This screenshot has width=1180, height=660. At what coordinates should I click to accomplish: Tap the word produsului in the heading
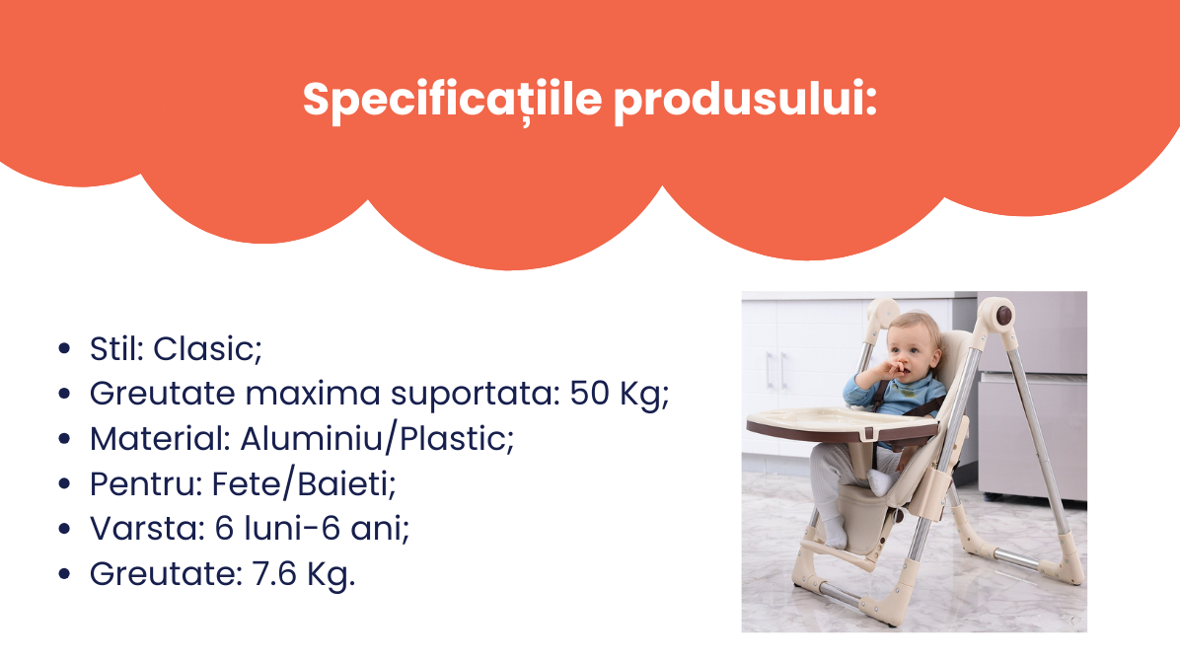point(746,101)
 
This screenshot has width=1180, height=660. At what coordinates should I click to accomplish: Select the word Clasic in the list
point(208,349)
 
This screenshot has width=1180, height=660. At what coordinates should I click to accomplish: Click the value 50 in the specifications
point(589,393)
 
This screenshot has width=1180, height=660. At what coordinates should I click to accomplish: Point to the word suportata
point(476,394)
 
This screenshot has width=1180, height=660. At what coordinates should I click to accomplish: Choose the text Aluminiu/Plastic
point(377,439)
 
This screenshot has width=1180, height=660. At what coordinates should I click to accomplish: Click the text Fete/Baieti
point(303,483)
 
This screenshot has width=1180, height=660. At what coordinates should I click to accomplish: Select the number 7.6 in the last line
point(274,573)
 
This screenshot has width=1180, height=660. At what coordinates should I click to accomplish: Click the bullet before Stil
point(64,348)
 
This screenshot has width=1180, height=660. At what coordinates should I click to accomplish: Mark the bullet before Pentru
point(64,483)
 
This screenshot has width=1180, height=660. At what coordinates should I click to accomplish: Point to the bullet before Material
point(64,439)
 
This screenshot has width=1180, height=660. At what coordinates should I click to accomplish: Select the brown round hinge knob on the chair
point(1003,316)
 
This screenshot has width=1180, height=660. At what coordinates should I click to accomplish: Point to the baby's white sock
point(881,482)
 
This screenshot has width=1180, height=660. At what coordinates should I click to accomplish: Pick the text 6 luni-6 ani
point(312,529)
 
